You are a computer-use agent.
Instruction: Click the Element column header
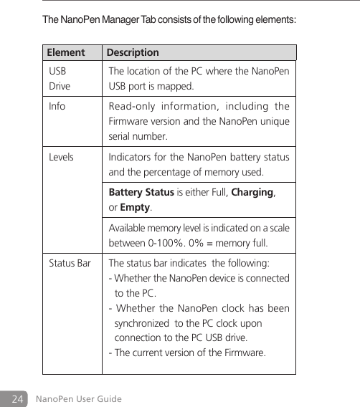pyautogui.click(x=65, y=53)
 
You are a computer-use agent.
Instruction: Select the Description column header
pyautogui.click(x=133, y=53)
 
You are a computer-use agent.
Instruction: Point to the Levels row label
pyautogui.click(x=61, y=157)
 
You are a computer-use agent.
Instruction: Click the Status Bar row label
pyautogui.click(x=70, y=263)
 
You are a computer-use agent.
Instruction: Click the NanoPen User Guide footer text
pyautogui.click(x=79, y=398)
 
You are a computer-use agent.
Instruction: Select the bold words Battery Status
pyautogui.click(x=141, y=193)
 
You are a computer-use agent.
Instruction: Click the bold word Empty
pyautogui.click(x=135, y=207)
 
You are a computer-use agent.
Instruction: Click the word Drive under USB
pyautogui.click(x=60, y=87)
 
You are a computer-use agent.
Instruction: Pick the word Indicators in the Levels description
pyautogui.click(x=131, y=157)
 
